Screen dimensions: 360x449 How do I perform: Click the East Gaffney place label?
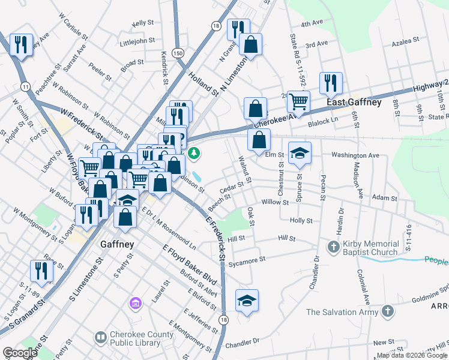[354, 103]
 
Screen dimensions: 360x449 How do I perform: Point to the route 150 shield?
[177, 53]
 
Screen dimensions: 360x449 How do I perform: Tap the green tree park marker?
[194, 154]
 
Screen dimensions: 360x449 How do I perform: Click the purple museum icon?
[136, 304]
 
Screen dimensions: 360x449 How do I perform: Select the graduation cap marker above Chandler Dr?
[247, 300]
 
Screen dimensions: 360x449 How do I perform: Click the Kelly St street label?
[143, 23]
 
